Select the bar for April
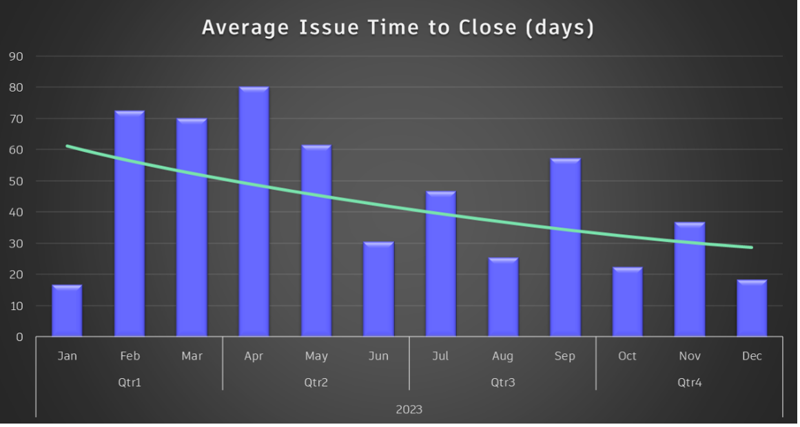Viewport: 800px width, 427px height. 254,211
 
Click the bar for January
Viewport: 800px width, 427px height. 67,311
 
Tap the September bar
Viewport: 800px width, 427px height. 565,247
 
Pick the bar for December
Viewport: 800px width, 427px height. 752,308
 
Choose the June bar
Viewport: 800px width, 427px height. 378,289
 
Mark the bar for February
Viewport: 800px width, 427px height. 130,223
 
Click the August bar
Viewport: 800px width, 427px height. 503,297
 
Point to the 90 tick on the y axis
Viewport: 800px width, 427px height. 16,56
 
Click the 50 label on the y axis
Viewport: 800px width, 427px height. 16,181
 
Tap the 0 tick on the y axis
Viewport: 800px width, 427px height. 19,337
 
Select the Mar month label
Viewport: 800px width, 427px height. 192,356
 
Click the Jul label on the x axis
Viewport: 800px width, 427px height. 440,356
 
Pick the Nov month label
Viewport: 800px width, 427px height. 689,356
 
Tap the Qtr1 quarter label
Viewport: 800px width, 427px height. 130,383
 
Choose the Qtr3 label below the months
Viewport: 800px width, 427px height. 503,383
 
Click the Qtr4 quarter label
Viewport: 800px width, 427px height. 689,383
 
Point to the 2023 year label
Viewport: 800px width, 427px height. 409,410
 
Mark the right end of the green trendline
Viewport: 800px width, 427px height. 751,247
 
